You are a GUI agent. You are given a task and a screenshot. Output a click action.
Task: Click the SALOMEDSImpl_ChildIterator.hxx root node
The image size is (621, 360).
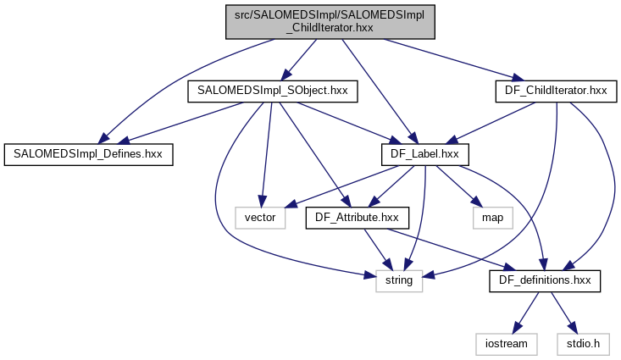coord(330,20)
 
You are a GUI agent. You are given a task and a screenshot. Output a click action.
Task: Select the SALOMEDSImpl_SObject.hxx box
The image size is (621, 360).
coord(272,89)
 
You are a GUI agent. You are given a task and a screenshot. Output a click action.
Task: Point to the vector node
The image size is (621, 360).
coord(261,218)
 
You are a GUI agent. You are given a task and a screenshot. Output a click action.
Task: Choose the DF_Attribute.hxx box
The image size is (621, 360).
coord(358,218)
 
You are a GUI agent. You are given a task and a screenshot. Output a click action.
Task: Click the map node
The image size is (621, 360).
coord(493,218)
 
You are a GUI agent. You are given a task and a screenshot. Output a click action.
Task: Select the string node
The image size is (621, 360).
coord(399,280)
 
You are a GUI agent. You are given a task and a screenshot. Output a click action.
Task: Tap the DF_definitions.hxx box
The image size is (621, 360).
coord(545,280)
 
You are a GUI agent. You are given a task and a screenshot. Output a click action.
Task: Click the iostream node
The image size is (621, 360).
coord(507,344)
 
